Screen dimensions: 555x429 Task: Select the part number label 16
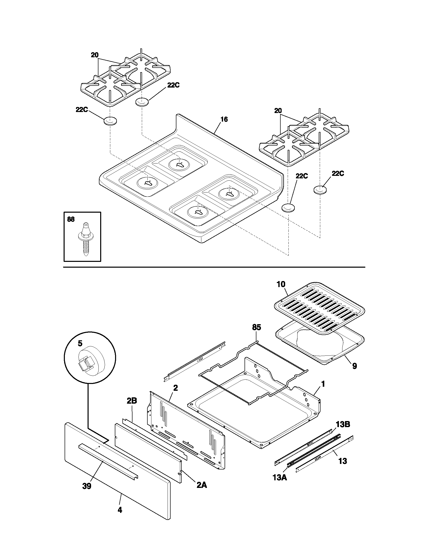224,119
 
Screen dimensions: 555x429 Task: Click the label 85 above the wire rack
256,327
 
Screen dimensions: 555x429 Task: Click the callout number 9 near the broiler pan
354,366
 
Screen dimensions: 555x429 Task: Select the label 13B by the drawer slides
343,424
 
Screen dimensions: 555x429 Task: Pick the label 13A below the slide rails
280,478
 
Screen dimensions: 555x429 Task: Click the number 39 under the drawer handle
87,486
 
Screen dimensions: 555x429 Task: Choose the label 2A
202,485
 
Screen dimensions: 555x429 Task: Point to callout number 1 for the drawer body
323,384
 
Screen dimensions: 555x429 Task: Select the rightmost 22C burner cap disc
320,189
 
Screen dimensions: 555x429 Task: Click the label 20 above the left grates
95,55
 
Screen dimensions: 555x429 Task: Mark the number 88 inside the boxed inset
71,219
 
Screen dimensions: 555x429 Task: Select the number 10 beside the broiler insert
281,284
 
